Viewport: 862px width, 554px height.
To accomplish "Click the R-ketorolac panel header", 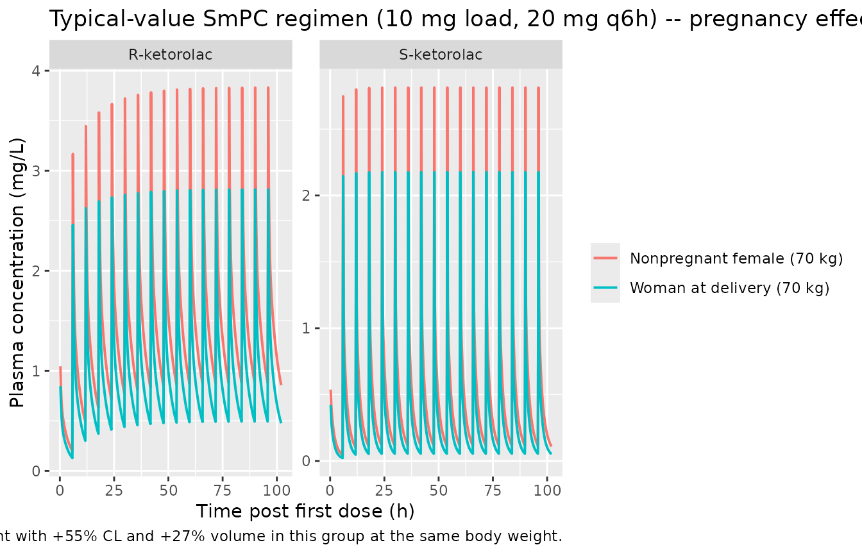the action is pyautogui.click(x=171, y=55).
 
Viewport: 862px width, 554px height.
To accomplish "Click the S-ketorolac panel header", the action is pyautogui.click(x=441, y=55).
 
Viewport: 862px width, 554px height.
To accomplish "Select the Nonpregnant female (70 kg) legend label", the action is pyautogui.click(x=736, y=258).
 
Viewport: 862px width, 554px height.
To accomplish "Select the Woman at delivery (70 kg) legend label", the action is pyautogui.click(x=729, y=288).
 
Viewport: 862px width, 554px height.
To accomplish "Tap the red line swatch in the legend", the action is pyautogui.click(x=605, y=258).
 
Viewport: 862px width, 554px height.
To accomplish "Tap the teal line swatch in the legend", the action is pyautogui.click(x=605, y=288).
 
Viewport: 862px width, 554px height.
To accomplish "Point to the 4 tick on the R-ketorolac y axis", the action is pyautogui.click(x=36, y=71).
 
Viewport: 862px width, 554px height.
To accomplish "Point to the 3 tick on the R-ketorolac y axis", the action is pyautogui.click(x=36, y=171).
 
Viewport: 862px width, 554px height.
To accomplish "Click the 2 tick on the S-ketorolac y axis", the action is pyautogui.click(x=307, y=196).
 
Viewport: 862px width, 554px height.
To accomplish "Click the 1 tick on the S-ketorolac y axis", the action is pyautogui.click(x=307, y=328).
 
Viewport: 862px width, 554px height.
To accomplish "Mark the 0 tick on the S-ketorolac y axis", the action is pyautogui.click(x=307, y=461).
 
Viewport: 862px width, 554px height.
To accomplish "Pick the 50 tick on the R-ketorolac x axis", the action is pyautogui.click(x=168, y=491).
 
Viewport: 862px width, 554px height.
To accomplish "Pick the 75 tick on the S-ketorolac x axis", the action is pyautogui.click(x=493, y=491).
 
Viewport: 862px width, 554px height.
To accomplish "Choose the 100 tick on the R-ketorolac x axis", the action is pyautogui.click(x=276, y=491).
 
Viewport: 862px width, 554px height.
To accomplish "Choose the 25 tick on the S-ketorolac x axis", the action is pyautogui.click(x=384, y=491).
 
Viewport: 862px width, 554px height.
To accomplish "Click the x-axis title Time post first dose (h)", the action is pyautogui.click(x=305, y=511).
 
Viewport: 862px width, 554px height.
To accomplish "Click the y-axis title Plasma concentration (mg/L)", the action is pyautogui.click(x=17, y=273).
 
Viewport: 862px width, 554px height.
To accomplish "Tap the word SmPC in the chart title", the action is pyautogui.click(x=235, y=19).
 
